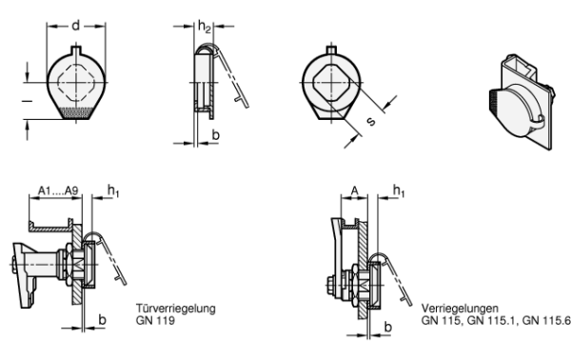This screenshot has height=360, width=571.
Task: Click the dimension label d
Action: point(76,26)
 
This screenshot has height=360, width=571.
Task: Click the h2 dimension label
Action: point(205,27)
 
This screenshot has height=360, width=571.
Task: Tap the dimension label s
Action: point(371,121)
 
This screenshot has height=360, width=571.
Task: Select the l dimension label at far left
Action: point(27,101)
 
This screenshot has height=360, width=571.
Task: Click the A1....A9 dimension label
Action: point(58,190)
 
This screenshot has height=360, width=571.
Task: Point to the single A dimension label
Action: point(354,190)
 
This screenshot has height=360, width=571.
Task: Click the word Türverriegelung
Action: point(176,309)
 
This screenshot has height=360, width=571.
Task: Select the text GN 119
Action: point(155,320)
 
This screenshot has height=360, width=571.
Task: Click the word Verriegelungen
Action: point(460,309)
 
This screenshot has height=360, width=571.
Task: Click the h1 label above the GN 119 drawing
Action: point(113,190)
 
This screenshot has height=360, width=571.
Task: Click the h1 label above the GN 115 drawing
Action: point(399,190)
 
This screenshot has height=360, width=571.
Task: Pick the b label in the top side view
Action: point(216,135)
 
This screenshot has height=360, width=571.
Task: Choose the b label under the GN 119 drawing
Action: point(103,320)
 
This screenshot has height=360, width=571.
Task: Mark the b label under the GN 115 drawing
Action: point(388,327)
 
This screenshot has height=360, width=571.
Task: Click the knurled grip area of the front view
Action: point(76,113)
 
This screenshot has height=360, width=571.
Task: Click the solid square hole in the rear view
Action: point(331,83)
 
